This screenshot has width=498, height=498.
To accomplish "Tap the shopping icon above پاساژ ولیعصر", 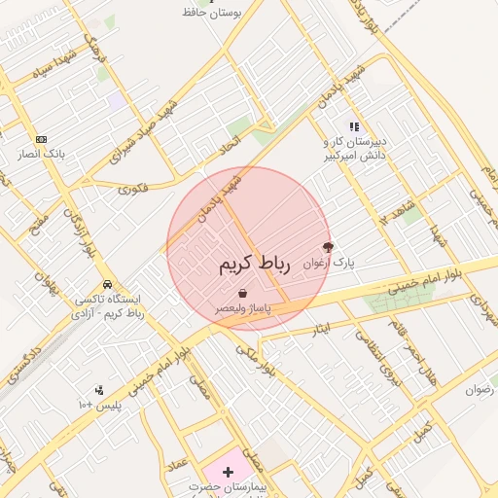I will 242,293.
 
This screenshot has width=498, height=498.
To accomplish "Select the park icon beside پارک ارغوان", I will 327,248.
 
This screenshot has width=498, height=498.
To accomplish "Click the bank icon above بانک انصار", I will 40,139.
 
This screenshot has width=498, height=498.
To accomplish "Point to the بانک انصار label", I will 40,154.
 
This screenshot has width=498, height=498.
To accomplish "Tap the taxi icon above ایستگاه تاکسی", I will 106,284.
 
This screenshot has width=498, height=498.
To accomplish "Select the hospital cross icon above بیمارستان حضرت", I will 228,472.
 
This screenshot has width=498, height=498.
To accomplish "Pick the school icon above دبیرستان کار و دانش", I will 355,126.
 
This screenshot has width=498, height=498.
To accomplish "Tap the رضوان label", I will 480,389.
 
